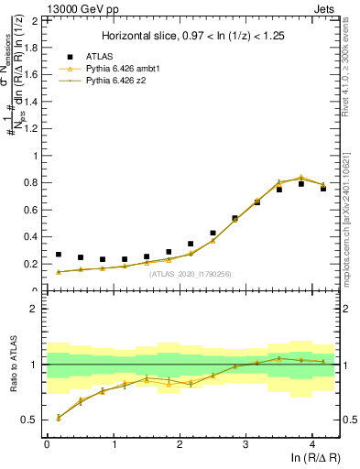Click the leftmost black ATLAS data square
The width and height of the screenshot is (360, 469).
tap(59, 255)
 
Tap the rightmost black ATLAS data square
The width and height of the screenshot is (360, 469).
tap(323, 189)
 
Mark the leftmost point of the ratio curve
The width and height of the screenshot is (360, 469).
tap(59, 418)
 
